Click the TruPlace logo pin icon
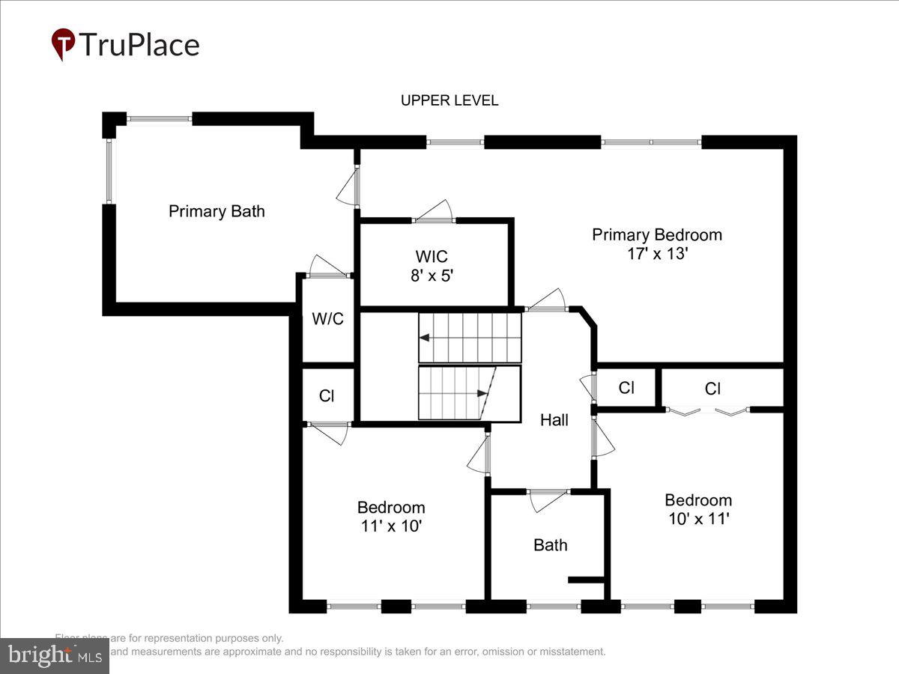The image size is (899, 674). (63, 44)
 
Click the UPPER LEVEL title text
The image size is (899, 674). (449, 100)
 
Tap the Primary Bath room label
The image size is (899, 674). (217, 211)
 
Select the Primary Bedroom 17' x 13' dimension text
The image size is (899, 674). (657, 254)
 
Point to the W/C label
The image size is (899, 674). (327, 318)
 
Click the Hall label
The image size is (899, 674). (554, 420)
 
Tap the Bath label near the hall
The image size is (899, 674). (550, 545)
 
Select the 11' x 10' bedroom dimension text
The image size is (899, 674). (391, 526)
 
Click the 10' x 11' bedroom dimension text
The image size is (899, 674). (698, 518)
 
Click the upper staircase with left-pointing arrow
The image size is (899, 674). (469, 338)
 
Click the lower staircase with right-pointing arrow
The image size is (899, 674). (458, 392)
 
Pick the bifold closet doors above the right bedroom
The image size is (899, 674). (708, 410)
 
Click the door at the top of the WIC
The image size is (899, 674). (435, 213)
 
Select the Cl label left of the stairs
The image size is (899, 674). (327, 395)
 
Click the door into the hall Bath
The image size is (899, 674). (548, 499)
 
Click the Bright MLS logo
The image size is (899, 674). (54, 655)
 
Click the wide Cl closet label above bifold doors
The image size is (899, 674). (712, 389)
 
